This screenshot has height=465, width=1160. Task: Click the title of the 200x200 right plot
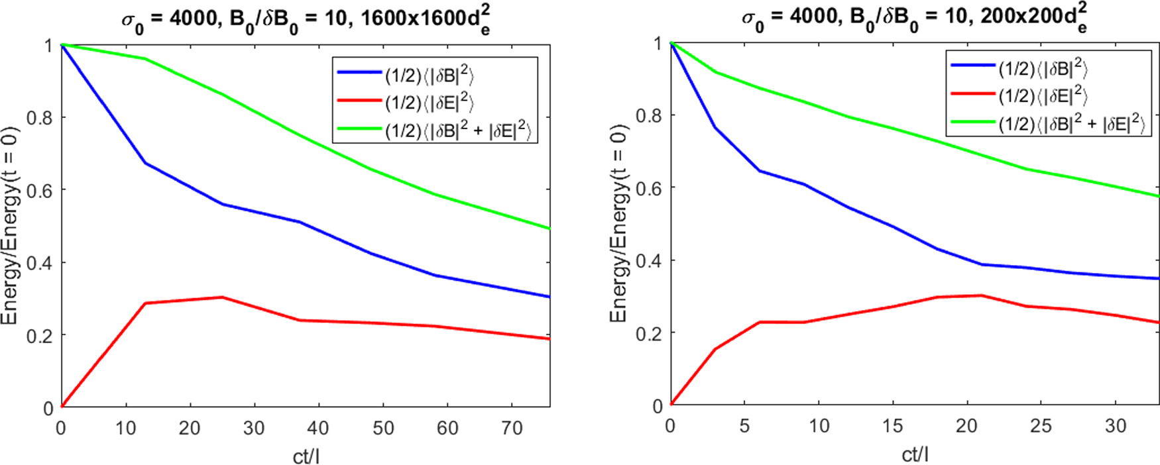[x=915, y=19]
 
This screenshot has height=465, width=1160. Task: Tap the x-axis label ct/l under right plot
[x=915, y=454]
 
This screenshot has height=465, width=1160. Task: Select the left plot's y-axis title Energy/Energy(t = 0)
[x=9, y=225]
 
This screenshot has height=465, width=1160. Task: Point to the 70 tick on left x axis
[x=512, y=429]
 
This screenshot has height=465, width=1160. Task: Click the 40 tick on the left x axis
[x=318, y=429]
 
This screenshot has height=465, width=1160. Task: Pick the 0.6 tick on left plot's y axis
[x=39, y=191]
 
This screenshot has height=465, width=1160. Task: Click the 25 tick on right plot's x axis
[x=1041, y=426]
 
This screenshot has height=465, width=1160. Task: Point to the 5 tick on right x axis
[x=744, y=426]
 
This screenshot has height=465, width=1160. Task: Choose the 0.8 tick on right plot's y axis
[x=648, y=116]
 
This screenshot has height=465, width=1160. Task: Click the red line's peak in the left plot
[x=222, y=297]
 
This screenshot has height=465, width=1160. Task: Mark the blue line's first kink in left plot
[x=145, y=163]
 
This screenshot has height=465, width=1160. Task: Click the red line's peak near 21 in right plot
[x=982, y=295]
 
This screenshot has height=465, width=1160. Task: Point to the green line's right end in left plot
[x=550, y=229]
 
